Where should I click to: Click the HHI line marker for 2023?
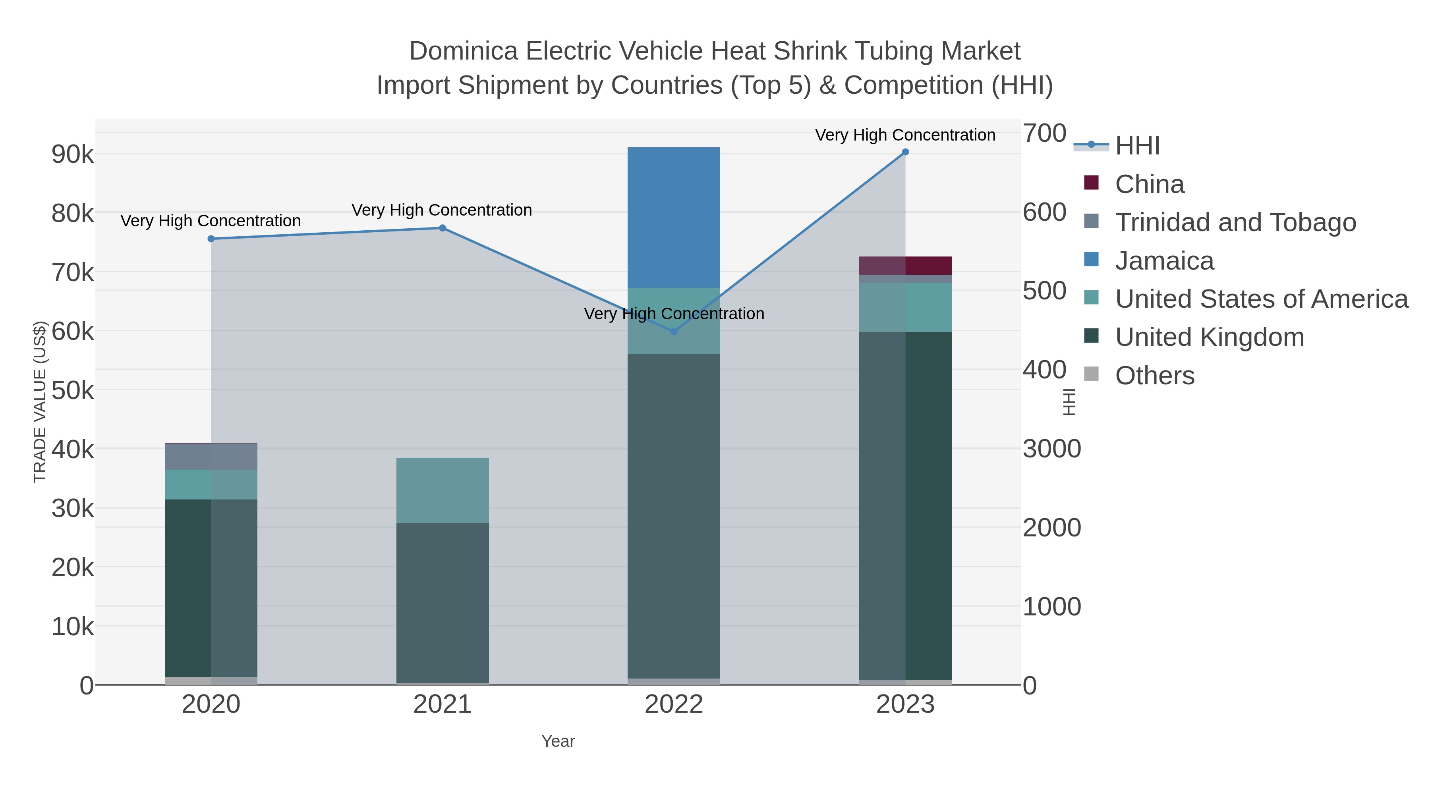[905, 152]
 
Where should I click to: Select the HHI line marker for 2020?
[211, 239]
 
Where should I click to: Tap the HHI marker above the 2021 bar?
[443, 228]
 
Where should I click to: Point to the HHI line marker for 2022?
[674, 332]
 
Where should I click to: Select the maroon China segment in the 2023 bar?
[905, 265]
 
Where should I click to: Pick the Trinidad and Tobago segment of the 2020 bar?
[211, 457]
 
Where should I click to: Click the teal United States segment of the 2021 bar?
[443, 490]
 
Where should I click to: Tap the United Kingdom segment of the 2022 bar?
[674, 516]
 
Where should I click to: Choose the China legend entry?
[1149, 184]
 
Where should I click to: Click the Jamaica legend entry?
[1164, 261]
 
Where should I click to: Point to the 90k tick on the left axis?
[73, 155]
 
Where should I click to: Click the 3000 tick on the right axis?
[1051, 449]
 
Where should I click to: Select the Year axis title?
[558, 741]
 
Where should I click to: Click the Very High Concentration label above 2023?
[905, 135]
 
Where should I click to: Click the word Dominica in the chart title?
[464, 51]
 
